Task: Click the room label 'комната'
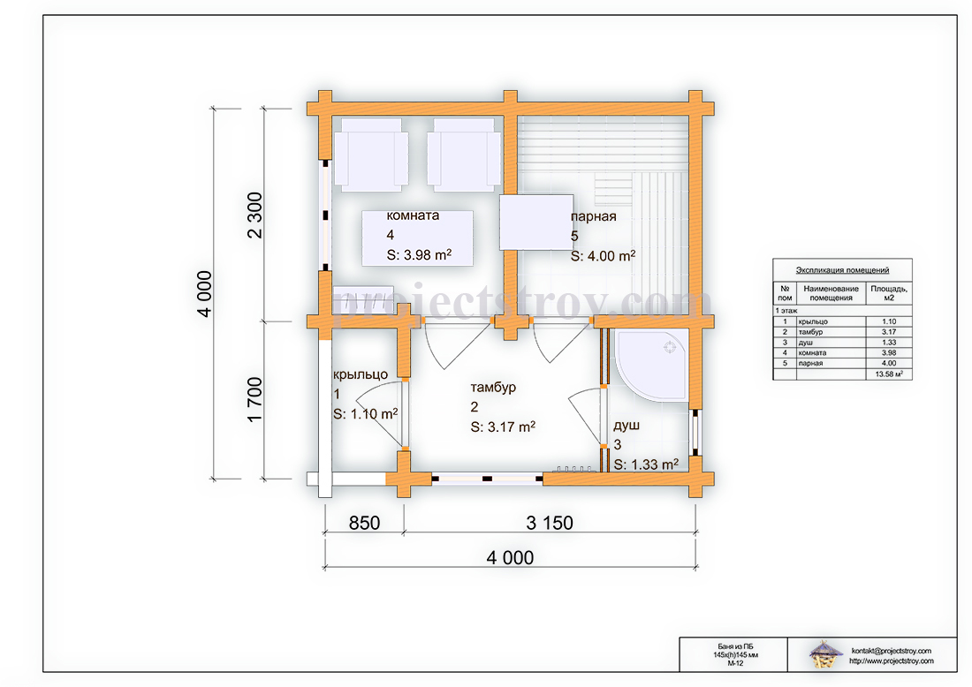click(413, 215)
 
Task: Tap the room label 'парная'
click(593, 217)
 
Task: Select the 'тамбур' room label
click(493, 388)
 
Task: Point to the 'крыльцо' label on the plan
click(361, 374)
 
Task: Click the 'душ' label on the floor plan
click(626, 426)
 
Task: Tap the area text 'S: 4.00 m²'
click(604, 255)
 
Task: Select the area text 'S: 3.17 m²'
click(503, 427)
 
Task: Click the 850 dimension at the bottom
click(364, 523)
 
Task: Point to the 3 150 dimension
click(550, 523)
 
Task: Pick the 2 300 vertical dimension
click(254, 215)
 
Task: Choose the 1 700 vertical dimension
click(254, 399)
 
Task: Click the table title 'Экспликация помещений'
click(842, 270)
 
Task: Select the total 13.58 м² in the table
click(889, 374)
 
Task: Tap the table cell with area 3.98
click(889, 352)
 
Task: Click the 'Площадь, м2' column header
click(889, 293)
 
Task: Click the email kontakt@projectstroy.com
click(892, 651)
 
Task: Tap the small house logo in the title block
click(826, 655)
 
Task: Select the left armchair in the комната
click(371, 155)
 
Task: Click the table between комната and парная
click(536, 223)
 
